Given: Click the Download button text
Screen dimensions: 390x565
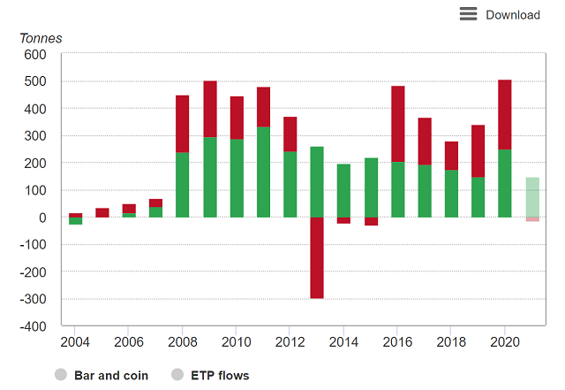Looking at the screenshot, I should point(513,14).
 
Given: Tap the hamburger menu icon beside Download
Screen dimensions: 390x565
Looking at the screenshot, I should point(468,14).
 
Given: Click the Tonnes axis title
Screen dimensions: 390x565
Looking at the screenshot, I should point(41,38).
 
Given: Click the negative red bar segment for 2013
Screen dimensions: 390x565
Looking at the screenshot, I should point(317,257).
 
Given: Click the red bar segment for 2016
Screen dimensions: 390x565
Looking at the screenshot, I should point(397,124).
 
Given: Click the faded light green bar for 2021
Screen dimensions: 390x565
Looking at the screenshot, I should point(531,197).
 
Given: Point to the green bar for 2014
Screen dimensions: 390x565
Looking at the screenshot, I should point(343,191).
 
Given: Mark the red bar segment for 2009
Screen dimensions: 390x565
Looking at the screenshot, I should point(209,109).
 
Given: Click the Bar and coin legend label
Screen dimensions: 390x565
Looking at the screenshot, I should point(109,375).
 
